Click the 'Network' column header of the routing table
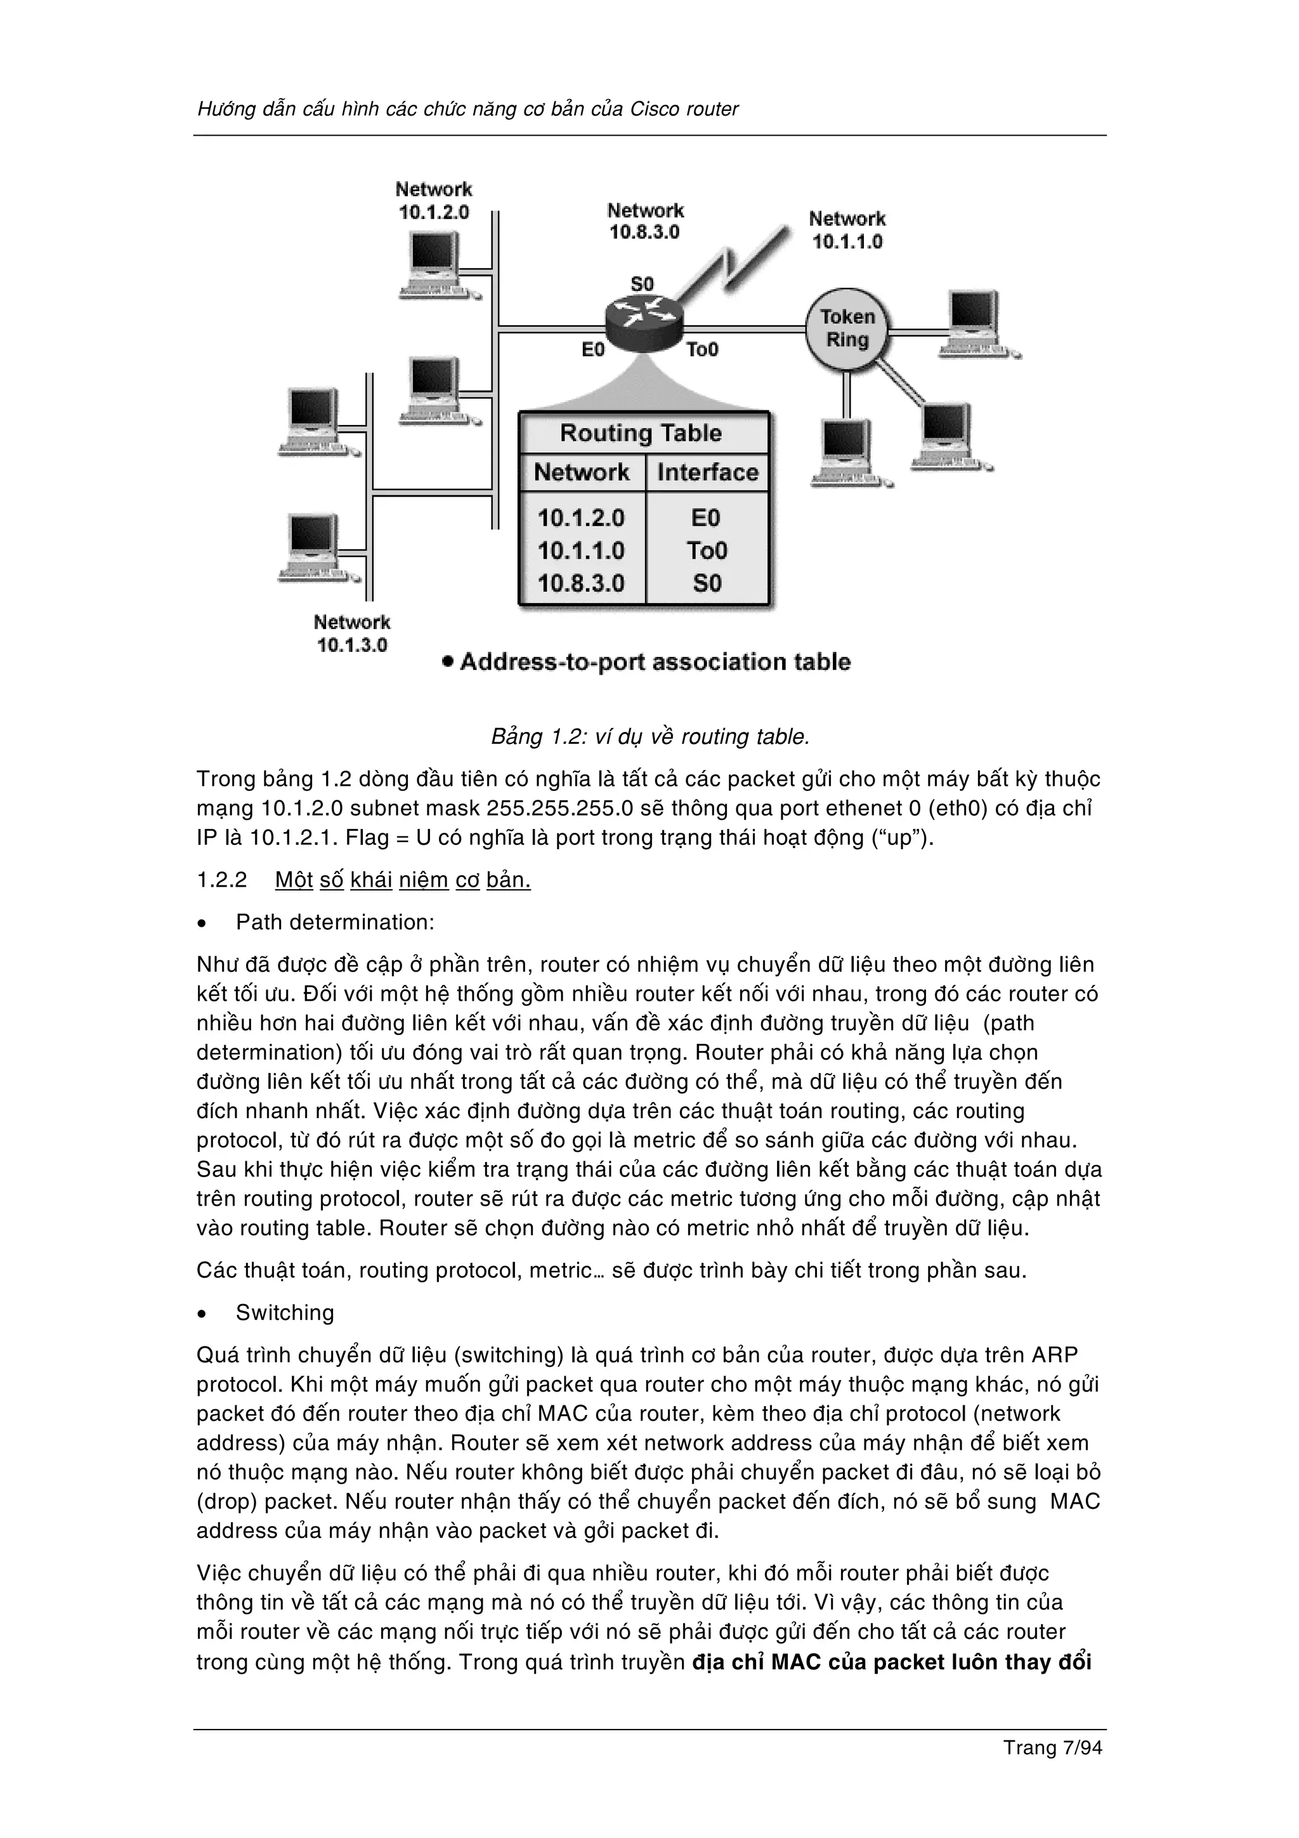click(582, 473)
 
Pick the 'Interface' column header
click(707, 473)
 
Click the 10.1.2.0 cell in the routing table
click(581, 518)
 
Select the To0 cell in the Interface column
click(707, 551)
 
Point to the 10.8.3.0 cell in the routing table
click(581, 583)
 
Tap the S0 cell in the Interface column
click(707, 583)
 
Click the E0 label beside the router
click(593, 350)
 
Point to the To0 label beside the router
click(703, 350)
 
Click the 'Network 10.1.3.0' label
click(352, 633)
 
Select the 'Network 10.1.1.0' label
click(847, 230)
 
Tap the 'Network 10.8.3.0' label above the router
click(645, 221)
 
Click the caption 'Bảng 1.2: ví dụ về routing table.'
click(651, 736)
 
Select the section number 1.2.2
click(223, 880)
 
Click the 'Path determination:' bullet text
click(334, 922)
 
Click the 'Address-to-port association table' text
click(655, 662)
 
